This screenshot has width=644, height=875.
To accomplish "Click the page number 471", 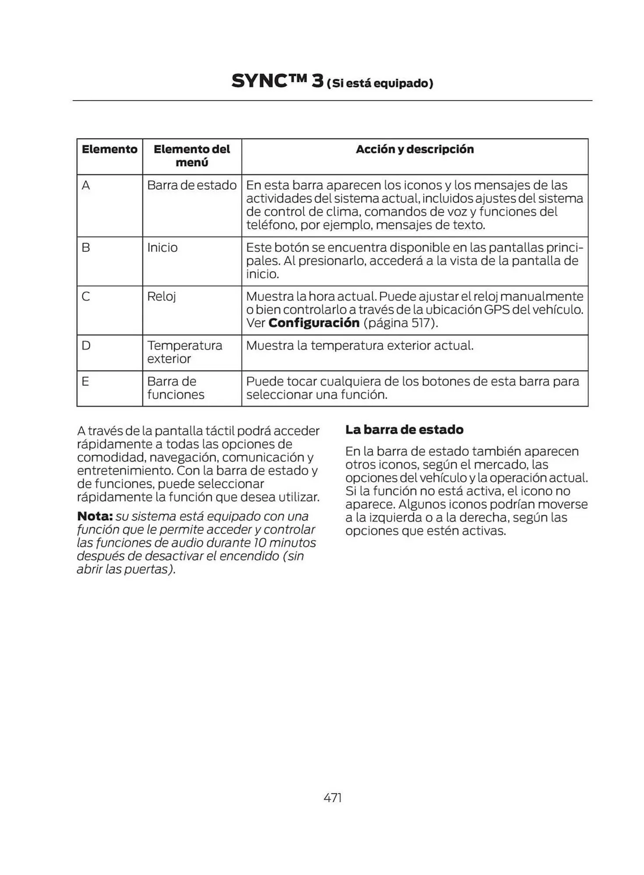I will pos(332,798).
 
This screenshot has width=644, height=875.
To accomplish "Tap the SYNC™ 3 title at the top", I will pos(277,81).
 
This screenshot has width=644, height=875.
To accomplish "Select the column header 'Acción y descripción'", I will pos(415,149).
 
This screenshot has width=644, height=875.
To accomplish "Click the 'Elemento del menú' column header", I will pos(192,156).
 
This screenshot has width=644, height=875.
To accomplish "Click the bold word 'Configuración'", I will pos(314,323).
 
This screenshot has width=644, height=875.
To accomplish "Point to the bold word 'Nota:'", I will pos(95,516).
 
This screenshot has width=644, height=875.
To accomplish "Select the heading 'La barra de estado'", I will pos(404,430).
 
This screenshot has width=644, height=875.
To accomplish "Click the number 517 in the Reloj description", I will pos(422,323).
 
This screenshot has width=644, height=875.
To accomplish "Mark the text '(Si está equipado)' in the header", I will pos(380,83).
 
